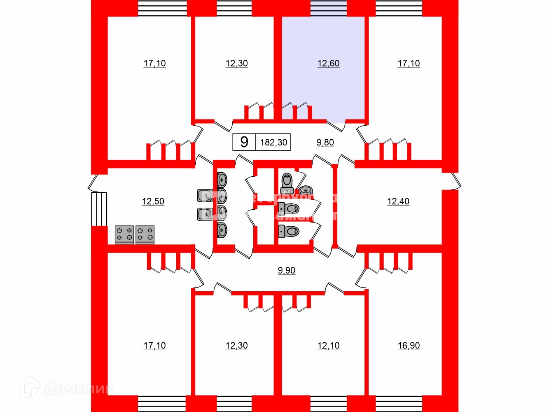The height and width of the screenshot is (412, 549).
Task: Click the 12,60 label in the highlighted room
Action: coord(328,63)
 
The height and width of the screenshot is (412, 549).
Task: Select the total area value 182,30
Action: coord(273,143)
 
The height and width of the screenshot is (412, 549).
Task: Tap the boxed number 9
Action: coord(244,142)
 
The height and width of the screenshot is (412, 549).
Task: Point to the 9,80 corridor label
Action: coord(325,143)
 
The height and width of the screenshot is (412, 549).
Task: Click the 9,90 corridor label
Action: coord(287,271)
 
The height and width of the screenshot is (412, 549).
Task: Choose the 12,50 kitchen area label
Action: coord(153,201)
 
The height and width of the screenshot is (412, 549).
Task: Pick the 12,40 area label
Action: coord(398,201)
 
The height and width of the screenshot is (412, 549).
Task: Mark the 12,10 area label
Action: coord(328,346)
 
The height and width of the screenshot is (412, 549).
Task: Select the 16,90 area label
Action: coord(409,346)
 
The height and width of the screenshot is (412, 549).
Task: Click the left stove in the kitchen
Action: coord(124,234)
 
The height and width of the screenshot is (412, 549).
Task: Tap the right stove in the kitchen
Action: coord(145,234)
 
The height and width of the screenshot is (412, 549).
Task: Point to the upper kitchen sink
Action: coord(205,195)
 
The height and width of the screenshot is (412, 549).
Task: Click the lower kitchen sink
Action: coord(205,214)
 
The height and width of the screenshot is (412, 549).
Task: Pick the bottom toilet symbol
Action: coord(289,231)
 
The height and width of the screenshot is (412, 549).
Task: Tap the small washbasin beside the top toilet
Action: coord(305,190)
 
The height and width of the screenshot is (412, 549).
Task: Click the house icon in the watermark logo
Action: coord(30,387)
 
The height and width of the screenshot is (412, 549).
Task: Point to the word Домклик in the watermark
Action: coord(78,389)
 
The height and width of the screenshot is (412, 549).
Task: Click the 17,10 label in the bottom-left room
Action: coord(154,346)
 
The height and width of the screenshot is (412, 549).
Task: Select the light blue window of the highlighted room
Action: coord(328,8)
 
